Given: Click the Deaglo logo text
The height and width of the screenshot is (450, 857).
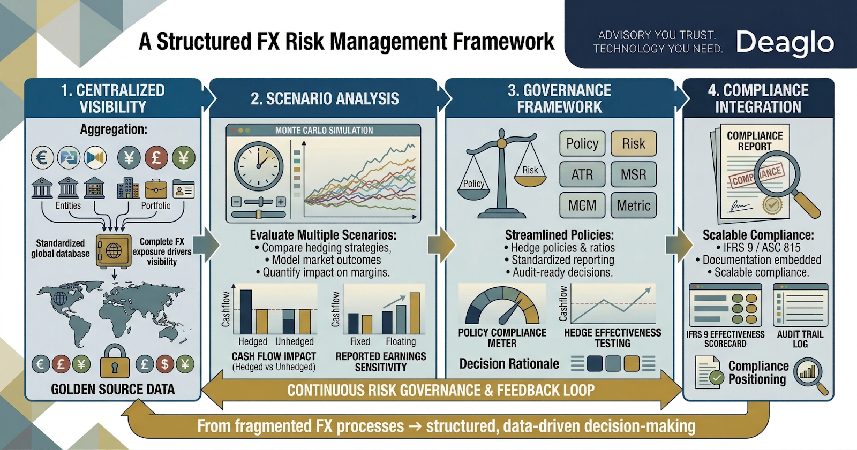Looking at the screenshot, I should pyautogui.click(x=785, y=42).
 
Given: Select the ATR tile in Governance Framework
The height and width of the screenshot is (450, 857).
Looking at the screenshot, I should pyautogui.click(x=582, y=174).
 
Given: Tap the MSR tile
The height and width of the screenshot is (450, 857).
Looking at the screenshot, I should pyautogui.click(x=634, y=174).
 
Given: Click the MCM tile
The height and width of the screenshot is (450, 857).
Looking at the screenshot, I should pyautogui.click(x=582, y=205).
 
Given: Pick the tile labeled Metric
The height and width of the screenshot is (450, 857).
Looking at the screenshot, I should pyautogui.click(x=634, y=205).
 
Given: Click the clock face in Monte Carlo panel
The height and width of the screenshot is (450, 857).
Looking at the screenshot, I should pyautogui.click(x=259, y=166).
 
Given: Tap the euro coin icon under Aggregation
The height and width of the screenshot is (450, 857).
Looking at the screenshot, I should pyautogui.click(x=42, y=158).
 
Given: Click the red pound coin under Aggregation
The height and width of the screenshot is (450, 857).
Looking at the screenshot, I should pyautogui.click(x=156, y=158).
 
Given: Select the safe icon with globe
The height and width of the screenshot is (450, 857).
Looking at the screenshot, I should pyautogui.click(x=114, y=250).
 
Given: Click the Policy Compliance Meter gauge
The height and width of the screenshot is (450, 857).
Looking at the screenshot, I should pyautogui.click(x=502, y=307).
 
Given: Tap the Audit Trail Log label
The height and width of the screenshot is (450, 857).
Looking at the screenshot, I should pyautogui.click(x=800, y=339).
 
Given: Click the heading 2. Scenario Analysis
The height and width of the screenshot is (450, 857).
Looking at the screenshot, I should pyautogui.click(x=325, y=98).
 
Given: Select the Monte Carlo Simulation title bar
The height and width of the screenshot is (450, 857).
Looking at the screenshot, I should pyautogui.click(x=324, y=130).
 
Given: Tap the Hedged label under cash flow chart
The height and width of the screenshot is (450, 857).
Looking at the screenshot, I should pyautogui.click(x=252, y=341).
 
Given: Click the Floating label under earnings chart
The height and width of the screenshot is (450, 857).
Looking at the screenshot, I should pyautogui.click(x=400, y=341).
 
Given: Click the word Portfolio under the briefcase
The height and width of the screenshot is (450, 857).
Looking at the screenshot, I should pyautogui.click(x=156, y=205).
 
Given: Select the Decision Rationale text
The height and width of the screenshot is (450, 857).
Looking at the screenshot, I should pyautogui.click(x=509, y=364).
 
